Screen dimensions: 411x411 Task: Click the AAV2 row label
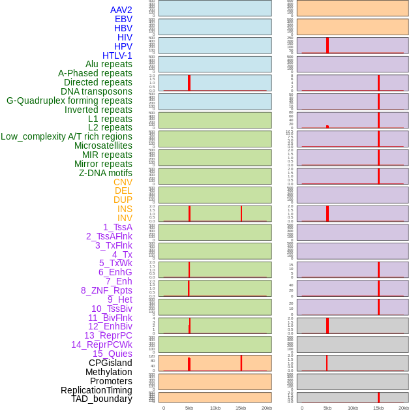tap(121, 10)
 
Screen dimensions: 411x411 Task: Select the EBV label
tap(123, 19)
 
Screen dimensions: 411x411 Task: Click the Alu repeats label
tap(108, 64)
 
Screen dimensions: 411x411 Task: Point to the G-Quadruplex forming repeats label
tap(69, 100)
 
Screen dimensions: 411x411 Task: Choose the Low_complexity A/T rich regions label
tap(66, 136)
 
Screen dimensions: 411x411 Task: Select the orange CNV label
tap(123, 182)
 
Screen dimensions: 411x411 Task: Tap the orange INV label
tap(125, 218)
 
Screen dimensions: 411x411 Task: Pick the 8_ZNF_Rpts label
tap(106, 290)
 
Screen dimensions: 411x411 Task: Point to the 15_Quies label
tap(112, 354)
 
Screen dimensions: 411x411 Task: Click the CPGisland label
tap(110, 363)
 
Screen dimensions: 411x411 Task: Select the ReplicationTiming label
tap(96, 390)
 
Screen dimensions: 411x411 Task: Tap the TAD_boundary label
tap(101, 399)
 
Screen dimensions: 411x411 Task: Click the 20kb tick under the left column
tap(266, 408)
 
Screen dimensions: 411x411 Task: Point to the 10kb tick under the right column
tap(353, 408)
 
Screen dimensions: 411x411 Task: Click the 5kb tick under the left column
tap(189, 408)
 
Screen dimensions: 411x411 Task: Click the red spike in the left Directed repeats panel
tap(189, 83)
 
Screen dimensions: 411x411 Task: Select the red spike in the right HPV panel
tap(327, 45)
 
